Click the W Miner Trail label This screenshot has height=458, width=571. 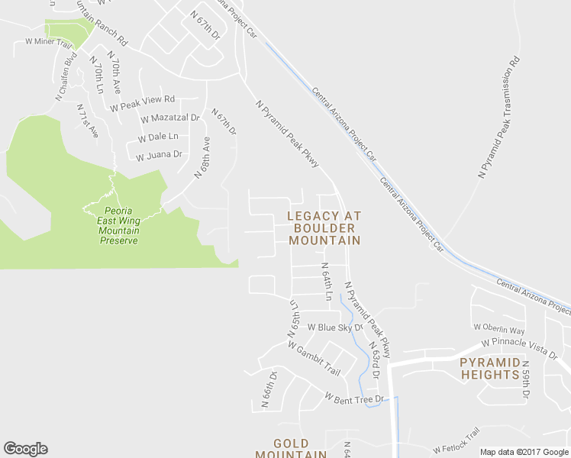[x=48, y=41]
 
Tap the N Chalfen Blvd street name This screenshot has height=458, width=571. [x=67, y=76]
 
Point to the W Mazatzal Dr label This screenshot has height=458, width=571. [x=169, y=118]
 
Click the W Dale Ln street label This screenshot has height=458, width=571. [x=158, y=137]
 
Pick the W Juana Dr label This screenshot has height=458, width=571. [x=159, y=155]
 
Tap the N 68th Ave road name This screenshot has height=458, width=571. [x=202, y=158]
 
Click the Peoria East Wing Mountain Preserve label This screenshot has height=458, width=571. [x=118, y=225]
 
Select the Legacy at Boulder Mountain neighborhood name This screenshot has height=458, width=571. [x=324, y=228]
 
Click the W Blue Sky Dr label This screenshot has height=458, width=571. [x=334, y=327]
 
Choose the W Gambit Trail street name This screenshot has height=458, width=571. [x=314, y=356]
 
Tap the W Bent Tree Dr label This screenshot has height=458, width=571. [x=353, y=398]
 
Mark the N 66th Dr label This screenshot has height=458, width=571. [x=268, y=390]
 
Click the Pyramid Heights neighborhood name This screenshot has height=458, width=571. [x=489, y=368]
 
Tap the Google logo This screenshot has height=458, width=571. [x=25, y=448]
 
